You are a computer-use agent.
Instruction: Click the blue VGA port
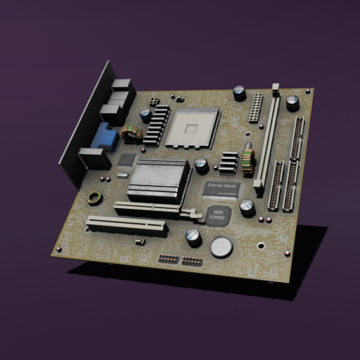105,138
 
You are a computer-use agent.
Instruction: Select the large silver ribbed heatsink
160,180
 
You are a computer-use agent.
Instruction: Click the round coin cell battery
222,246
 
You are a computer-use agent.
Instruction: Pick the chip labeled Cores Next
221,188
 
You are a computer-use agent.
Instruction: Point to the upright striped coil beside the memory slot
247,158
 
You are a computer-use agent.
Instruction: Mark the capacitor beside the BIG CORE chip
247,207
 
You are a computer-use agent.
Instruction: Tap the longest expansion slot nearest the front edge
127,226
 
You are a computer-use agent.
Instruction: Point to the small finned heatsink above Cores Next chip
228,162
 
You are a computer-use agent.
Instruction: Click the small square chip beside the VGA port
126,160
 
